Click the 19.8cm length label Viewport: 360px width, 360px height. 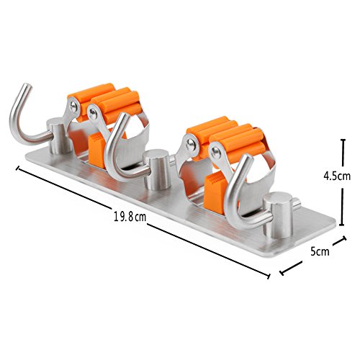[x=130, y=217]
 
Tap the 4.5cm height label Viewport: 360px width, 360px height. [x=337, y=176]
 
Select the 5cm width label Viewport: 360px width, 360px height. [x=320, y=252]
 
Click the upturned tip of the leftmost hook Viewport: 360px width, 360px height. [x=27, y=87]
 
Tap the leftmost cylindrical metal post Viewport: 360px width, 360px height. [x=58, y=135]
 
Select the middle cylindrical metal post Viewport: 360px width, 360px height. [x=156, y=169]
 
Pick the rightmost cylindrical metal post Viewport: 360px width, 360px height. [x=278, y=215]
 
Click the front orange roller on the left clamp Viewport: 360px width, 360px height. [x=115, y=106]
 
